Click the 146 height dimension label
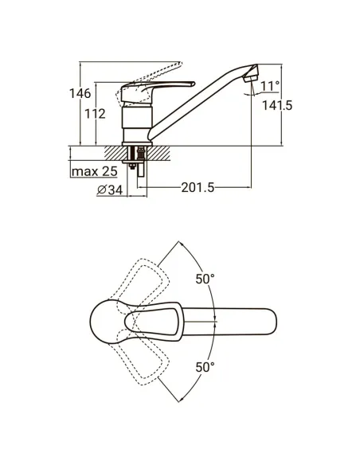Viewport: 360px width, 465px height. pyautogui.click(x=80, y=93)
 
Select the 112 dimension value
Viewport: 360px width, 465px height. pyautogui.click(x=96, y=114)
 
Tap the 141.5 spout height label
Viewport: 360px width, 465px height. pyautogui.click(x=277, y=105)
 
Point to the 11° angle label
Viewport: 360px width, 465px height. pyautogui.click(x=270, y=86)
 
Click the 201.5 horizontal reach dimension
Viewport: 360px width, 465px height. pyautogui.click(x=198, y=187)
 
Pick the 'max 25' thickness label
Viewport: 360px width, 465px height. pyautogui.click(x=94, y=171)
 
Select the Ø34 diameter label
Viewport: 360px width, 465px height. pyautogui.click(x=110, y=190)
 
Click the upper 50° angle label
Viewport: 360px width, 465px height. pyautogui.click(x=205, y=279)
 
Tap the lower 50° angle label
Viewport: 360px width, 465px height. pyautogui.click(x=205, y=367)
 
